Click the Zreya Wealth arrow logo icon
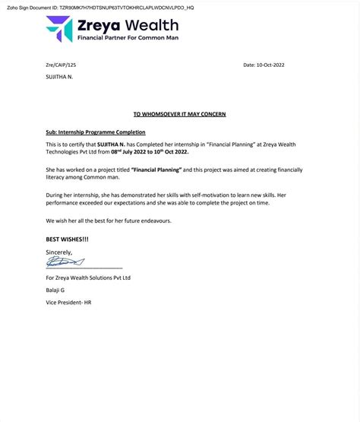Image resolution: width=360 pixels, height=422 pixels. (58, 29)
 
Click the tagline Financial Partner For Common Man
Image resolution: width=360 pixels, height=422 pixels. (128, 37)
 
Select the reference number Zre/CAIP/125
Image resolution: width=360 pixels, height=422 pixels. (62, 65)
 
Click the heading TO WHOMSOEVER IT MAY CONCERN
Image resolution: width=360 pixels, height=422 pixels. (179, 114)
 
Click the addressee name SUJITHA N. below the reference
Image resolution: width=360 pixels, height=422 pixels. (62, 78)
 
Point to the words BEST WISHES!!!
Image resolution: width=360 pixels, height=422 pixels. (67, 240)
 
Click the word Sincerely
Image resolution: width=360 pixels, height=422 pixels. (59, 252)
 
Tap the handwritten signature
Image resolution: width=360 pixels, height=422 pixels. (65, 262)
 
